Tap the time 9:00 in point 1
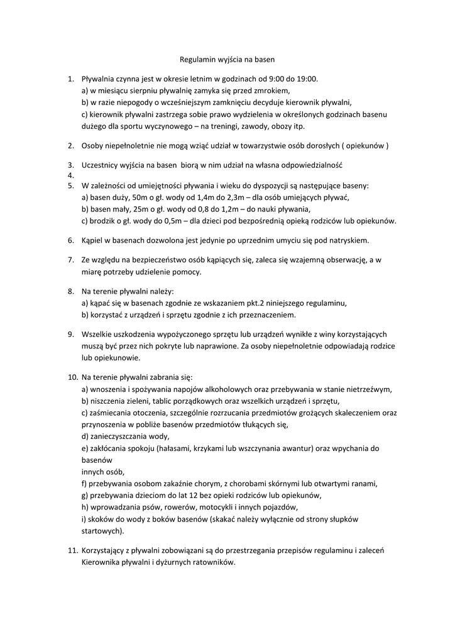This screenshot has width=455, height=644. pos(266,79)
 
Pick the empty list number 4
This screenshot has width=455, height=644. pos(70,175)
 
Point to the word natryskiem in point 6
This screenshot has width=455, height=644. pos(349,240)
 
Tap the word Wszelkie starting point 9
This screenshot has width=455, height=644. pos(98,334)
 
